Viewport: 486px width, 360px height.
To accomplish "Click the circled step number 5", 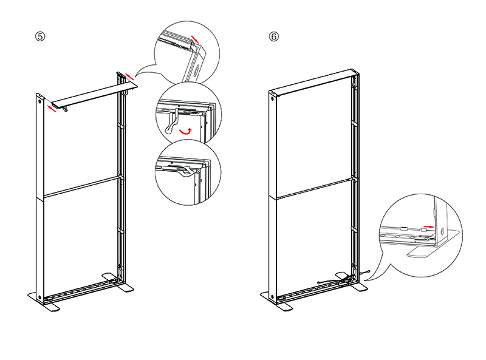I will coord(40,36).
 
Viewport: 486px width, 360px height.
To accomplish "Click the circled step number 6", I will coord(274,36).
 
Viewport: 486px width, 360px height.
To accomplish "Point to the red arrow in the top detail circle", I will coord(194,39).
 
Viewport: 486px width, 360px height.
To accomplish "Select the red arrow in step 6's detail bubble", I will coord(429,226).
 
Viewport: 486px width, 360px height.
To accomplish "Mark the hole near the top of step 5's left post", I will coord(40,103).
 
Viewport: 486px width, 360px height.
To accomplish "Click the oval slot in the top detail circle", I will coord(197,66).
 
